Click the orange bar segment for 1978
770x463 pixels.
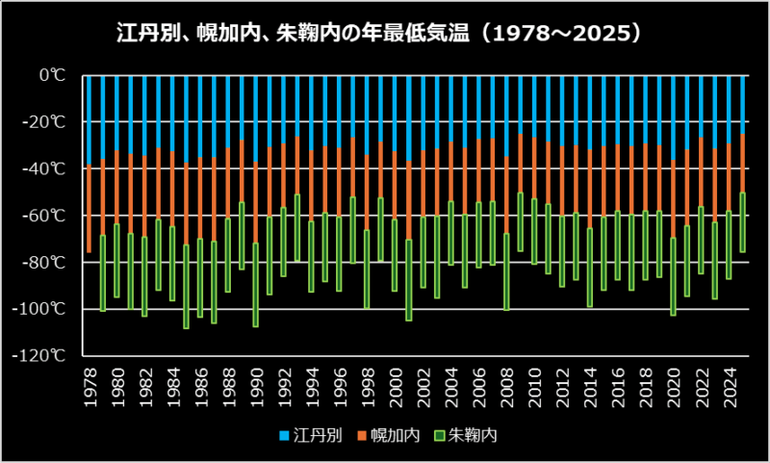point(90,209)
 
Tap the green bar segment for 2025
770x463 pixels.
point(743,222)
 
